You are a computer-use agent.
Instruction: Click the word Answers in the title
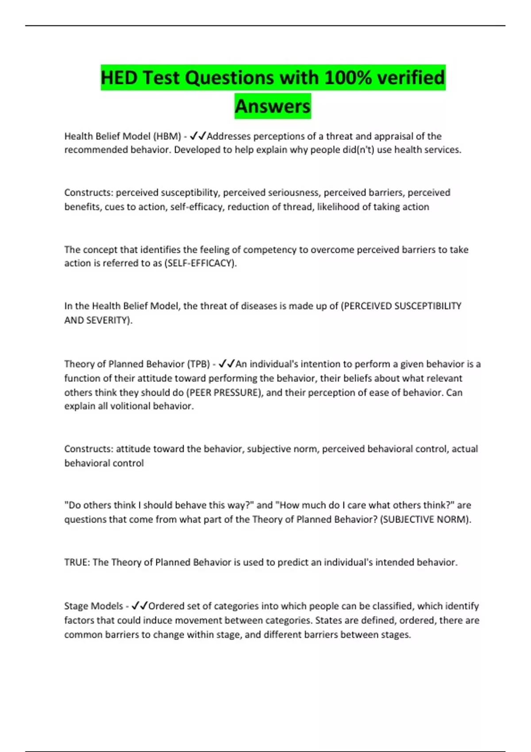(x=273, y=106)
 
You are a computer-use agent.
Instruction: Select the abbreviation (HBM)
(x=167, y=136)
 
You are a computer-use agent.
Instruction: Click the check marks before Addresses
(x=198, y=136)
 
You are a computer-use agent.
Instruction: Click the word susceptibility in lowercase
(x=190, y=193)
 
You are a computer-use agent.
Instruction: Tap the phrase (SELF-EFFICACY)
(x=200, y=263)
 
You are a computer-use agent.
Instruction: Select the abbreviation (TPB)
(x=199, y=364)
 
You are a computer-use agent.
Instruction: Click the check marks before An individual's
(x=227, y=364)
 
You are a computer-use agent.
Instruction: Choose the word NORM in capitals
(x=455, y=519)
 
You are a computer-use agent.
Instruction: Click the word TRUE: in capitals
(x=77, y=562)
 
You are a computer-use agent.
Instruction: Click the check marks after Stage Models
(x=139, y=606)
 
